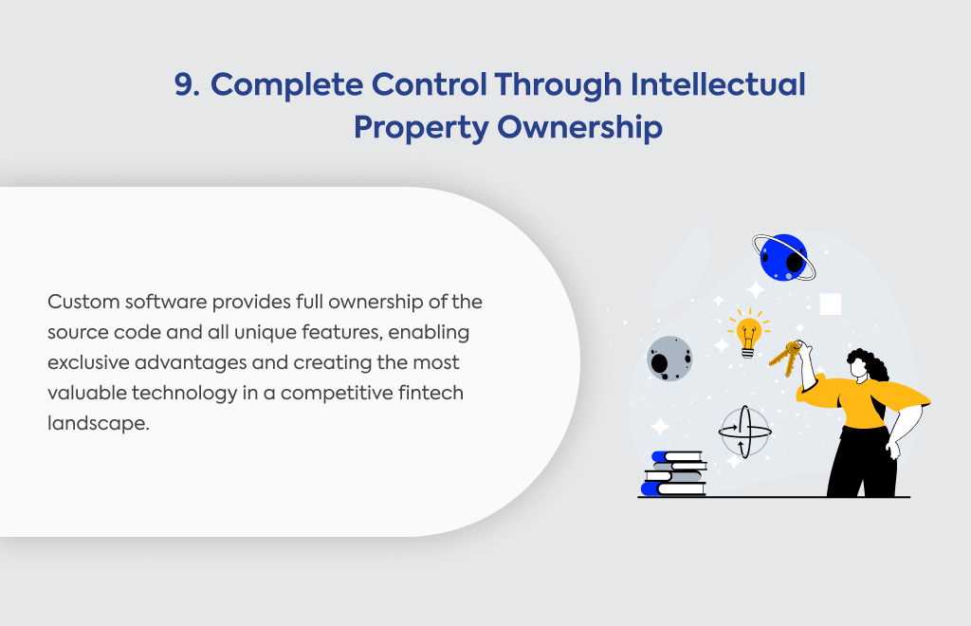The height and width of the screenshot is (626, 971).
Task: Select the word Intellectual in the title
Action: (718, 84)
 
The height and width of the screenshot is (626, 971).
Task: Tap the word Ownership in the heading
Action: (579, 127)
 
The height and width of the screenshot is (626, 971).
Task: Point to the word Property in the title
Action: (421, 128)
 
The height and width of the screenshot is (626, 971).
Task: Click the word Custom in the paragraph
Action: (83, 303)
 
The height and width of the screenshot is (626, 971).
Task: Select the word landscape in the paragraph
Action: (99, 424)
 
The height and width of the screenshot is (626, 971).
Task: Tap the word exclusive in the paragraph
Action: (88, 362)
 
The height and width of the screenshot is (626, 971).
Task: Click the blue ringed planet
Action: (784, 258)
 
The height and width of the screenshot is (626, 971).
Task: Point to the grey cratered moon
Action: (669, 359)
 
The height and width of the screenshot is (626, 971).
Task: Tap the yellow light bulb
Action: (748, 335)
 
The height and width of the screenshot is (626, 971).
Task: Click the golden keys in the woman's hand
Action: (785, 358)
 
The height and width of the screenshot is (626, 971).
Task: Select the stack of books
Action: (674, 473)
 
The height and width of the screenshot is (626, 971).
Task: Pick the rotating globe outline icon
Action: (745, 432)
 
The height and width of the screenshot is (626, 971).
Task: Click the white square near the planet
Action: (831, 304)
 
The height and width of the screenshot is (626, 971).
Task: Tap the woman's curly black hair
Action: (870, 365)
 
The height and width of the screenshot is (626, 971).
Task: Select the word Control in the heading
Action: (430, 84)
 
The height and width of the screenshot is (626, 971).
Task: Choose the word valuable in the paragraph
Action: (86, 393)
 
